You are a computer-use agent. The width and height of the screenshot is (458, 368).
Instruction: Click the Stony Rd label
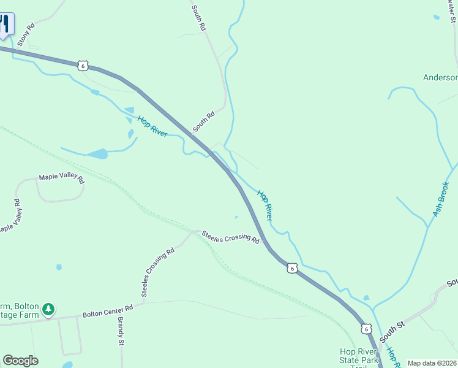point(26,35)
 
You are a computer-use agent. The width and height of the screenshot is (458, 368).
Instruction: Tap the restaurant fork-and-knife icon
point(5,25)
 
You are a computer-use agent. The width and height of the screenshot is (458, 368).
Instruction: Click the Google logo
point(20,361)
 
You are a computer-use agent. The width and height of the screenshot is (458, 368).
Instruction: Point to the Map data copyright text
point(432,363)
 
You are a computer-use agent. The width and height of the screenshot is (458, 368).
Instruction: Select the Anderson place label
point(440,77)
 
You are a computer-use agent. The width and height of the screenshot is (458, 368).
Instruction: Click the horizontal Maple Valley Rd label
point(61,178)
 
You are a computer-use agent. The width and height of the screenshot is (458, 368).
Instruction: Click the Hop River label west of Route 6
point(152,126)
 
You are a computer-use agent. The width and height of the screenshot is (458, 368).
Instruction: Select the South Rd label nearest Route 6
point(204,121)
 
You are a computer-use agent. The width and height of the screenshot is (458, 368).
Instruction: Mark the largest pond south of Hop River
point(97,153)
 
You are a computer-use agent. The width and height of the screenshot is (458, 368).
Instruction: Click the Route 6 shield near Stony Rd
point(84,65)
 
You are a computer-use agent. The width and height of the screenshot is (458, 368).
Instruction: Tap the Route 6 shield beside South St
point(366,329)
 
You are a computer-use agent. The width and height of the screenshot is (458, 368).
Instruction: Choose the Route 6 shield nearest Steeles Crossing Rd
point(293,269)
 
